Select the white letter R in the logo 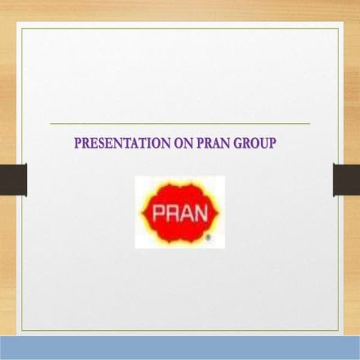[172, 213]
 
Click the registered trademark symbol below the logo [208, 238]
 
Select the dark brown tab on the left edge [13, 179]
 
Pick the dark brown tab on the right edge [346, 179]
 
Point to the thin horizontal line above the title [180, 123]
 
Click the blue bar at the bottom [180, 348]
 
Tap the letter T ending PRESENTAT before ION [141, 142]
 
